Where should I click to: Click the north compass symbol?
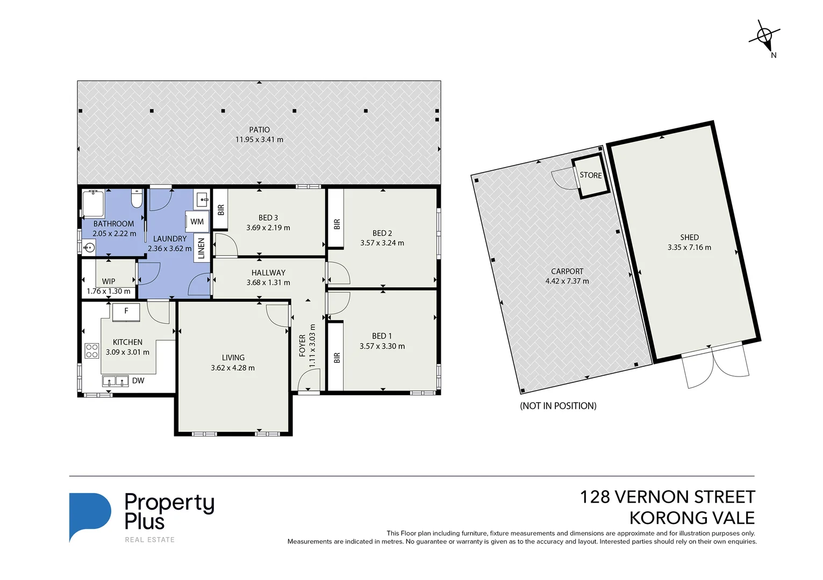pyautogui.click(x=764, y=37)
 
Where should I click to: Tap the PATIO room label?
pyautogui.click(x=259, y=129)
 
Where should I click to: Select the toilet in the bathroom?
pyautogui.click(x=137, y=199)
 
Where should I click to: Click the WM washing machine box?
pyautogui.click(x=197, y=221)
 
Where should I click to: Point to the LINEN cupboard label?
pyautogui.click(x=202, y=249)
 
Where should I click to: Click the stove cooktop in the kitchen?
pyautogui.click(x=92, y=351)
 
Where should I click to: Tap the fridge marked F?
pyautogui.click(x=126, y=311)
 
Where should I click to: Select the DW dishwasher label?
pyautogui.click(x=138, y=381)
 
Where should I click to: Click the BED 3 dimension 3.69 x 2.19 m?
pyautogui.click(x=268, y=228)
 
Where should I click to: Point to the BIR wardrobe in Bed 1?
pyautogui.click(x=336, y=357)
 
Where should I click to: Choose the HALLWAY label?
pyautogui.click(x=268, y=273)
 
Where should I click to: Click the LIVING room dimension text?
pyautogui.click(x=233, y=368)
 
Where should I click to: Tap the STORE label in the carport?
pyautogui.click(x=590, y=175)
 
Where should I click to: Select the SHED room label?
pyautogui.click(x=689, y=237)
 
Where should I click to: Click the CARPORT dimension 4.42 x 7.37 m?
pyautogui.click(x=567, y=281)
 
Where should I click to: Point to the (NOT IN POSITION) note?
pyautogui.click(x=558, y=406)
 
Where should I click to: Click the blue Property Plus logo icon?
pyautogui.click(x=89, y=516)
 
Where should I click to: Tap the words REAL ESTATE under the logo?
pyautogui.click(x=149, y=540)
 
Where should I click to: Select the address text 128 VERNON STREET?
pyautogui.click(x=667, y=497)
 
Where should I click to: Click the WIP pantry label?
pyautogui.click(x=109, y=281)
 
